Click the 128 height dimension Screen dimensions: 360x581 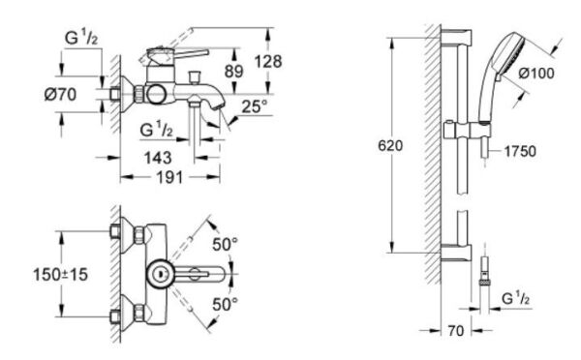click(264, 61)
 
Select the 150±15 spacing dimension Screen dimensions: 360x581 click(60, 275)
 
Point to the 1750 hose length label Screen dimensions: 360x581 click(521, 152)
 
